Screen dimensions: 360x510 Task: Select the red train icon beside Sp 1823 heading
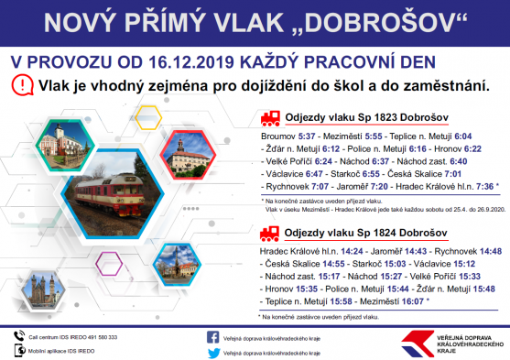[269, 117]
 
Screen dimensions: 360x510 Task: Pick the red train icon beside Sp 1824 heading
[269, 235]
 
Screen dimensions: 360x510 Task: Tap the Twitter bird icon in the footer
[213, 352]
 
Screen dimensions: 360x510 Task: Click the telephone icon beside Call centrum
[18, 336]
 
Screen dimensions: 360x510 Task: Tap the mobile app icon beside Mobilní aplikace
[18, 351]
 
